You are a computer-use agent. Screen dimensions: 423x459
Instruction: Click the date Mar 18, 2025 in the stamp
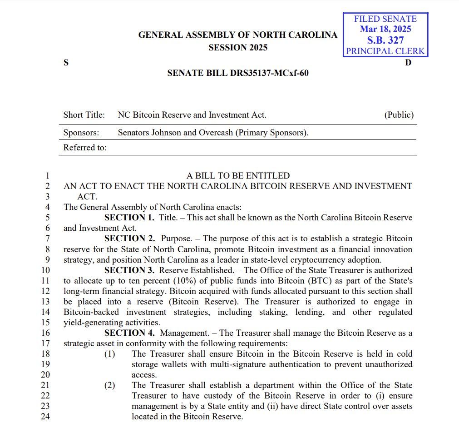pos(385,29)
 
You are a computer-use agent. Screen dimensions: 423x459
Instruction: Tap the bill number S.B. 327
pos(385,40)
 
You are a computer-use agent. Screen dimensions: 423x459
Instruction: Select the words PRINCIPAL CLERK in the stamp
pos(385,51)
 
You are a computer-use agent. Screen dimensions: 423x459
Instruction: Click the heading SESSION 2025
pos(238,48)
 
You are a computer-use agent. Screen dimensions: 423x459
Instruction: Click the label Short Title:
pos(84,115)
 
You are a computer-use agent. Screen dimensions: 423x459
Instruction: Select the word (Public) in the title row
pos(399,115)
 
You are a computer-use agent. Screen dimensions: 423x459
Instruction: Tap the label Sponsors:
pos(81,133)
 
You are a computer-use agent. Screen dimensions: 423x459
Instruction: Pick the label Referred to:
pos(85,147)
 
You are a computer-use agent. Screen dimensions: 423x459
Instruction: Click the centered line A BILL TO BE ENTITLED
pos(238,175)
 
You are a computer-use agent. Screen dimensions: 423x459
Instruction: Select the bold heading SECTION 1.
pos(129,217)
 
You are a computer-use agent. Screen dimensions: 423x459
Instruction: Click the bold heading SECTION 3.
pos(129,270)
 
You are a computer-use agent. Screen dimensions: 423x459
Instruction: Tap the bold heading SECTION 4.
pos(129,333)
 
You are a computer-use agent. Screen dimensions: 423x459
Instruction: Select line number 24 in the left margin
pos(45,416)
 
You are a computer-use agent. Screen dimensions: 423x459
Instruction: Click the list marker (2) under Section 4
pos(110,385)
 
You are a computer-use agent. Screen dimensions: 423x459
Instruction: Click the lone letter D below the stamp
pos(408,63)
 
